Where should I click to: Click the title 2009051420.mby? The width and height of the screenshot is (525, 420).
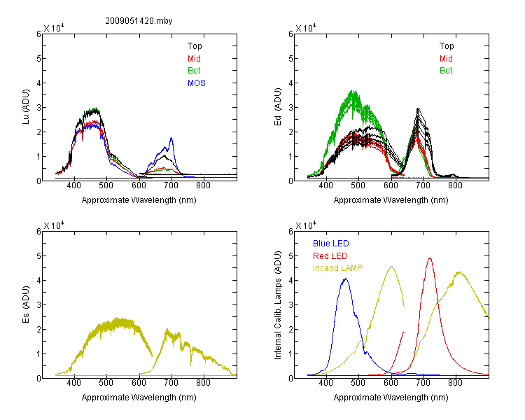(139, 21)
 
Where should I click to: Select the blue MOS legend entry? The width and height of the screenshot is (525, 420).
(197, 83)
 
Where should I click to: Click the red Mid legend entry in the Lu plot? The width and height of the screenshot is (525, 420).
(194, 59)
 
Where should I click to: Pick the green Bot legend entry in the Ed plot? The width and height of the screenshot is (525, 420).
(446, 71)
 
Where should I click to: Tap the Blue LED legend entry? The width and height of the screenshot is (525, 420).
(331, 244)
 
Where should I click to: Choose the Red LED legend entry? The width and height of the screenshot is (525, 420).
(330, 256)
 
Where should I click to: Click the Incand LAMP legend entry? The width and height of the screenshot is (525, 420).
(337, 268)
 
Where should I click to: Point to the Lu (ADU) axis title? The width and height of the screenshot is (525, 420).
(26, 106)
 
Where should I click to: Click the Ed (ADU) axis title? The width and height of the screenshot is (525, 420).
(278, 106)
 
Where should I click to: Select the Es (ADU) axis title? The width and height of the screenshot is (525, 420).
(26, 304)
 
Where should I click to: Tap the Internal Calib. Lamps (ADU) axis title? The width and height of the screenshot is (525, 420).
(278, 305)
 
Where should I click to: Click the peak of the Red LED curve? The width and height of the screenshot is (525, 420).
(430, 258)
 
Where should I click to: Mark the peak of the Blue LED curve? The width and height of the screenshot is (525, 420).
(346, 279)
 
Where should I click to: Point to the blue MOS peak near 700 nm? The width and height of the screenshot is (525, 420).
(171, 138)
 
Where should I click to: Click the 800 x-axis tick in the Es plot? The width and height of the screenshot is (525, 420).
(203, 383)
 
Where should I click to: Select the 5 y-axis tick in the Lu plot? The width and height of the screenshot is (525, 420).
(38, 59)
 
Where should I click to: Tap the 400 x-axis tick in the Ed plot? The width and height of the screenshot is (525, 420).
(325, 185)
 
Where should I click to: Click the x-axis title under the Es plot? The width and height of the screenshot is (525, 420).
(139, 398)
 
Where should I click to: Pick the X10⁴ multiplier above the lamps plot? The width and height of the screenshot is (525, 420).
(305, 225)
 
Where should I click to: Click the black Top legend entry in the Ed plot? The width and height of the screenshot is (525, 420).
(447, 46)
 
